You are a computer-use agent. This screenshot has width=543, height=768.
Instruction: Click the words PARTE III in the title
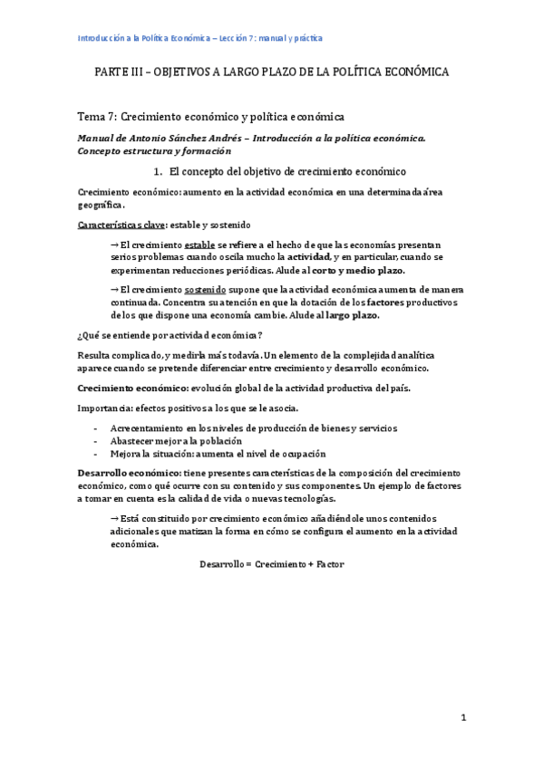coord(122,72)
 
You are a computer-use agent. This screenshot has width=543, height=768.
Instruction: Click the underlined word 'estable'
coord(199,245)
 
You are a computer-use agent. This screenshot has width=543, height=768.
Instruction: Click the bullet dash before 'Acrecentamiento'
coord(97,427)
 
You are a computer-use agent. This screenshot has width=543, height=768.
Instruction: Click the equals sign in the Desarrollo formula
coord(247,564)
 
